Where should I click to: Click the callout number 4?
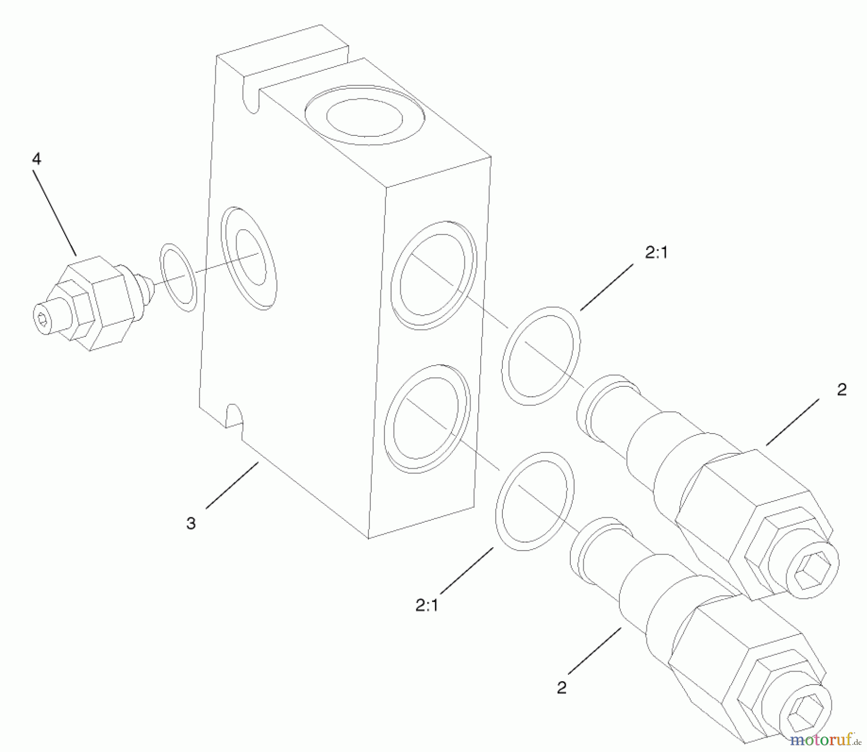pos(37,159)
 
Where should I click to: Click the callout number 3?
pos(191,523)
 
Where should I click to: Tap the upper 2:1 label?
pos(657,252)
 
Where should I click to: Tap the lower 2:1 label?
pos(427,605)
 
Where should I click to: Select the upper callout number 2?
pos(841,389)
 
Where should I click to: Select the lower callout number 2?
pos(561,688)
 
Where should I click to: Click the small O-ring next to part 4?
pos(178,277)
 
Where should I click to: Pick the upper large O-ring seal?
pos(541,356)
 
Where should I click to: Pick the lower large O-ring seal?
pos(535,501)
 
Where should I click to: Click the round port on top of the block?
pos(365,116)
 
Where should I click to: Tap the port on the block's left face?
pos(249,258)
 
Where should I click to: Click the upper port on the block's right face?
pos(433,276)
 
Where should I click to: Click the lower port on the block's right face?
pos(427,418)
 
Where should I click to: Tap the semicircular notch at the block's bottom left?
pos(234,415)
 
